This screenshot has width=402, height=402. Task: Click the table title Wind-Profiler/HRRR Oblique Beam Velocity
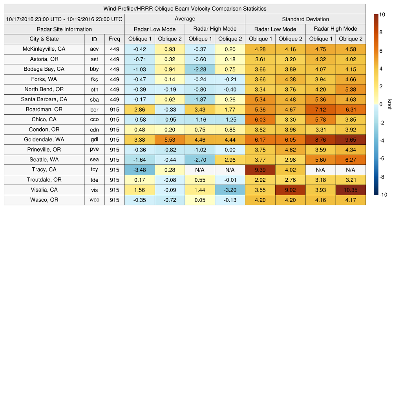tap(185, 9)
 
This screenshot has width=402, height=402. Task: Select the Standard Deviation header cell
tap(305, 19)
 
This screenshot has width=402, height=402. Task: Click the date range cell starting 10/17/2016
tap(64, 19)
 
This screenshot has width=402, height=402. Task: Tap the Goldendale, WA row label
tap(44, 140)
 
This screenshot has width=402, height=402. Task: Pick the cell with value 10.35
tap(351, 190)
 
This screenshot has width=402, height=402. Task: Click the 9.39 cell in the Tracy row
tap(260, 170)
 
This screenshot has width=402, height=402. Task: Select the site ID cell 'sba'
tap(94, 100)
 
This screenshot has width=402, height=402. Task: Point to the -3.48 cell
tap(139, 170)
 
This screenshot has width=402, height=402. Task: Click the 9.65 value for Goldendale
tap(351, 140)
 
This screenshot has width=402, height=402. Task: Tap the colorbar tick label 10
tap(382, 15)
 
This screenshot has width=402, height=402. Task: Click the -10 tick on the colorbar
tap(383, 195)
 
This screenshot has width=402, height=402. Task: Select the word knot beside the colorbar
tap(389, 104)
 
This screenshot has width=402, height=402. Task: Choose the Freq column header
tap(115, 39)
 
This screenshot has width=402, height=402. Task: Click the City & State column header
tap(44, 39)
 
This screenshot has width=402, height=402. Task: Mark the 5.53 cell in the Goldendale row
tap(170, 140)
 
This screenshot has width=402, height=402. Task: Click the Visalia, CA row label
tap(44, 190)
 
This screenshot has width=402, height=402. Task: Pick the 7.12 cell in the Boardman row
tap(320, 110)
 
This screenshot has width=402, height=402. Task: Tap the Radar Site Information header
tap(64, 29)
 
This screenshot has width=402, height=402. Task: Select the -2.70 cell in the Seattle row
tap(200, 160)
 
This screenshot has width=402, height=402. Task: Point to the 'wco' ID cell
tap(94, 200)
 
